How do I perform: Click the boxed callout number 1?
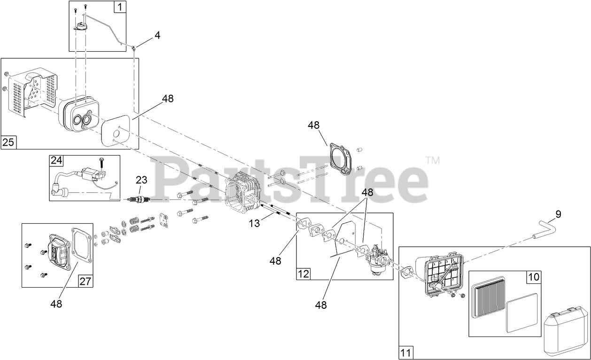[x=120, y=7]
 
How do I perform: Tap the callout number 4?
[x=157, y=35]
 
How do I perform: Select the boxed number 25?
[x=8, y=142]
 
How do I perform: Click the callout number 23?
[x=141, y=180]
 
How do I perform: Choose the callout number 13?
[x=254, y=224]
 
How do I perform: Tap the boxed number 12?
[x=303, y=274]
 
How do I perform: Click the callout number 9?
[x=558, y=214]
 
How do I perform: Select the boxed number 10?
[x=534, y=277]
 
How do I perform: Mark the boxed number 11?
[x=405, y=352]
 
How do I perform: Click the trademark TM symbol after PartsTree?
[x=433, y=161]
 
